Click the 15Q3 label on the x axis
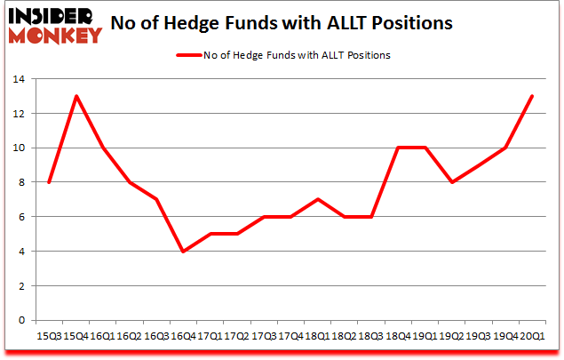tap(48, 336)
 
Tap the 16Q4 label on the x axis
tap(183, 336)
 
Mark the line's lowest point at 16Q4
tap(183, 252)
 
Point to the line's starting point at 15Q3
tap(48, 182)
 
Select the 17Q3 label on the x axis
tap(264, 336)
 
